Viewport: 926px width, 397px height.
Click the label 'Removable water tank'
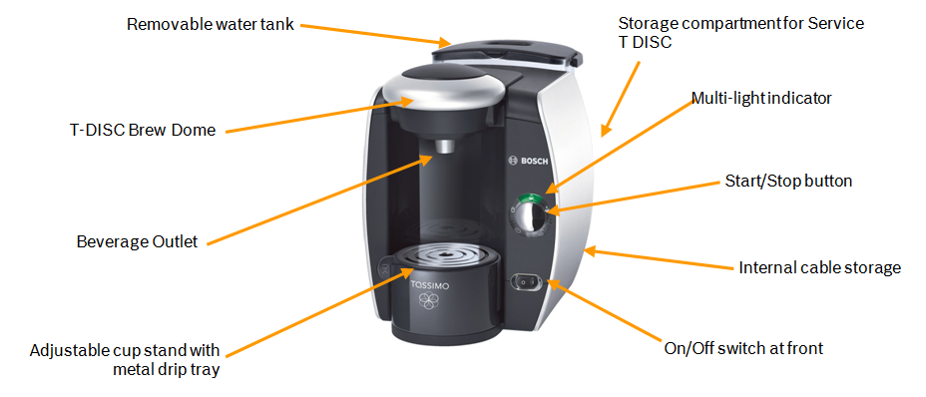[211, 25]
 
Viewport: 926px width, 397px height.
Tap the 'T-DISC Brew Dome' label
[143, 130]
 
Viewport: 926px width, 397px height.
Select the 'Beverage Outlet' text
[137, 241]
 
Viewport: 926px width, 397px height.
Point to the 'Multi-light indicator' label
[761, 98]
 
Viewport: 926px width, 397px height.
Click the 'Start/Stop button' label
[788, 181]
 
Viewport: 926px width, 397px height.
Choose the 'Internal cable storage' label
[819, 267]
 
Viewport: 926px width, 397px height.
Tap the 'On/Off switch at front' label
[743, 348]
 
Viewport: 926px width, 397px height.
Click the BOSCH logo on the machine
[529, 162]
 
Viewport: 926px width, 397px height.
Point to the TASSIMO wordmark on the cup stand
[430, 286]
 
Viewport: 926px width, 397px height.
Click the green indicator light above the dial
[529, 198]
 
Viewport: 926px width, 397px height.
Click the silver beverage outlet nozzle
[443, 146]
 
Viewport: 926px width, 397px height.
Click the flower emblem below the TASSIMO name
[426, 302]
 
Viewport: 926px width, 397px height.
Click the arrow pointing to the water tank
[373, 34]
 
